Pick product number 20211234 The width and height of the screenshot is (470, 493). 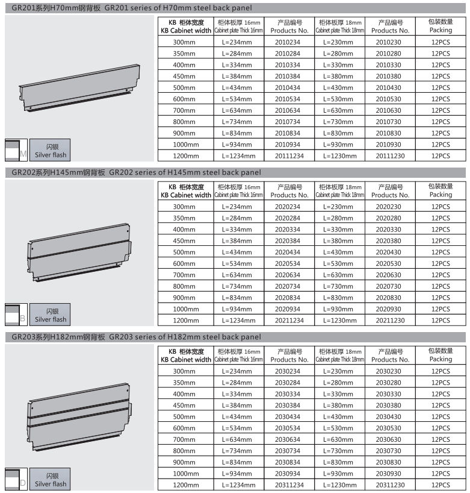(289, 321)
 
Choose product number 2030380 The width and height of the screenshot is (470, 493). (390, 405)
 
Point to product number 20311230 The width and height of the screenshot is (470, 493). (390, 485)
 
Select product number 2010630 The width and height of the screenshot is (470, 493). (390, 110)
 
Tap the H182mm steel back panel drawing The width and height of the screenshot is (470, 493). (79, 416)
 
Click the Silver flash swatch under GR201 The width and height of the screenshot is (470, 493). (50, 151)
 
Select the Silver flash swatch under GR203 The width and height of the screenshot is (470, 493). (50, 480)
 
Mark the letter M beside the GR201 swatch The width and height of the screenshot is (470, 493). (23, 155)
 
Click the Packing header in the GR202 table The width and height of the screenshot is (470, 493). (441, 190)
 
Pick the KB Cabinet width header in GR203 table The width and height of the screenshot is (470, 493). (186, 355)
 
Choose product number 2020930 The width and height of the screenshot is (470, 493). (390, 309)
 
